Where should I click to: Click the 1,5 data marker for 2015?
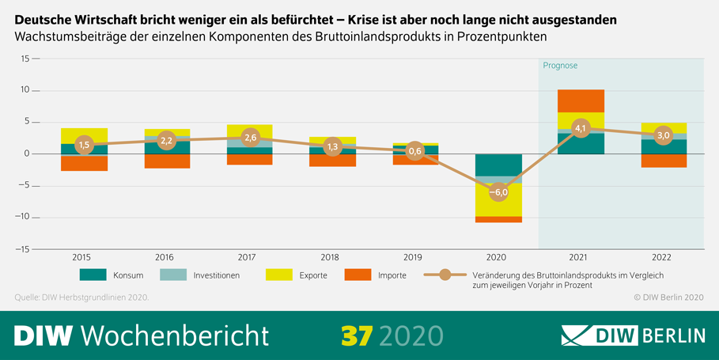tap(84, 145)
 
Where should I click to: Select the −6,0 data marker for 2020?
tap(498, 192)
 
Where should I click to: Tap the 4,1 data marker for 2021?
tap(581, 128)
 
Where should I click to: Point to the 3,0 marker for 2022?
tap(664, 135)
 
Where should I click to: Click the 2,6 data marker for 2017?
tap(250, 138)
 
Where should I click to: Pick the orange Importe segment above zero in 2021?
tap(581, 100)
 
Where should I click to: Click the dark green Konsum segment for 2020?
tap(498, 165)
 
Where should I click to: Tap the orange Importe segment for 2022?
tap(664, 161)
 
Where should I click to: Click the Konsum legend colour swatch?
tap(93, 275)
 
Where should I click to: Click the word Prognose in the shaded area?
tap(560, 65)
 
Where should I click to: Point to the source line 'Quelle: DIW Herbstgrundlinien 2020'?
tap(81, 297)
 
